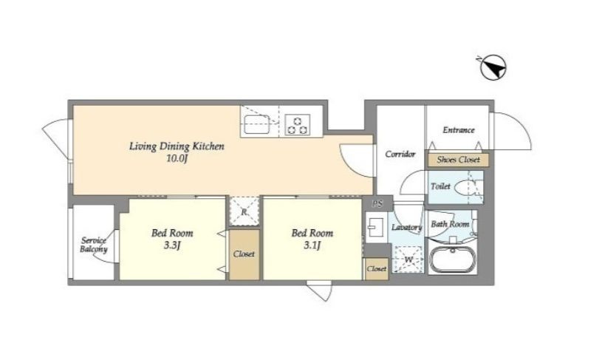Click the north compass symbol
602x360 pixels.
pyautogui.click(x=493, y=67)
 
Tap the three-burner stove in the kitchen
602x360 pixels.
pyautogui.click(x=298, y=125)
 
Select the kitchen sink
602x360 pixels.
pyautogui.click(x=257, y=124)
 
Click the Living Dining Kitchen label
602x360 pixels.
pyautogui.click(x=177, y=146)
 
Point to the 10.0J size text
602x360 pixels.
pyautogui.click(x=177, y=158)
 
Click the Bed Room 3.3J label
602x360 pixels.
pyautogui.click(x=172, y=239)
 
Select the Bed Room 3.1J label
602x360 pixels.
pyautogui.click(x=312, y=239)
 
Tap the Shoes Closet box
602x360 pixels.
pyautogui.click(x=459, y=160)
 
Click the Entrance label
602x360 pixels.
pyautogui.click(x=459, y=130)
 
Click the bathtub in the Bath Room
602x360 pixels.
pyautogui.click(x=453, y=259)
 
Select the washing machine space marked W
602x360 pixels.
pyautogui.click(x=407, y=260)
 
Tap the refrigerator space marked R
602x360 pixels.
pyautogui.click(x=244, y=211)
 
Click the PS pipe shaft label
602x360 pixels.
pyautogui.click(x=377, y=204)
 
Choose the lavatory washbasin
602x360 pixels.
pyautogui.click(x=375, y=228)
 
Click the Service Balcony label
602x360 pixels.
pyautogui.click(x=94, y=245)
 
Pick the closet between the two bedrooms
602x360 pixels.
pyautogui.click(x=244, y=254)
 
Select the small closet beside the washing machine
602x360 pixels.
pyautogui.click(x=376, y=269)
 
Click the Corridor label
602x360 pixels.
pyautogui.click(x=400, y=154)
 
